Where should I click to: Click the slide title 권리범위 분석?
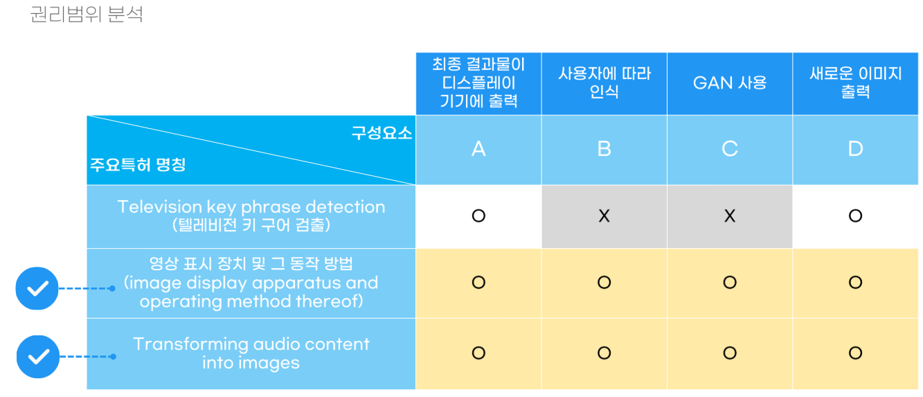coord(87,15)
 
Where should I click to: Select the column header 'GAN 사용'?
coord(730,83)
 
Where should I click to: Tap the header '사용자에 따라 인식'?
coord(604,82)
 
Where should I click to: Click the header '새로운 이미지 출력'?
coord(855,82)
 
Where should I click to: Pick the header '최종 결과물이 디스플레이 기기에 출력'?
coord(478,83)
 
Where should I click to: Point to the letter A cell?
coord(478,149)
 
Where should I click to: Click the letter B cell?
coord(604,149)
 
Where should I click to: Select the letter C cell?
coord(730,149)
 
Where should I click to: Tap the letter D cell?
coord(855,149)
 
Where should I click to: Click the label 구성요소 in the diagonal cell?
coord(382,133)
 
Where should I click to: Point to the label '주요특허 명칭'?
coord(138,165)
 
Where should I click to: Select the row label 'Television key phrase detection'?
coord(251,206)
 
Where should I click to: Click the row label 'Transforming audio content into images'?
coord(251,353)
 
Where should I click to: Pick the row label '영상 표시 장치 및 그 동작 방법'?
coord(251,263)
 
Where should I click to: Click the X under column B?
coord(604,215)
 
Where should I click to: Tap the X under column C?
coord(730,215)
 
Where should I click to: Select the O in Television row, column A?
coord(478,215)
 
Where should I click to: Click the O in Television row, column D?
coord(855,215)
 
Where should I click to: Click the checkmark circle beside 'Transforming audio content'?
coord(38,357)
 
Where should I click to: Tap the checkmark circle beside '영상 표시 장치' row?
coord(37,288)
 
